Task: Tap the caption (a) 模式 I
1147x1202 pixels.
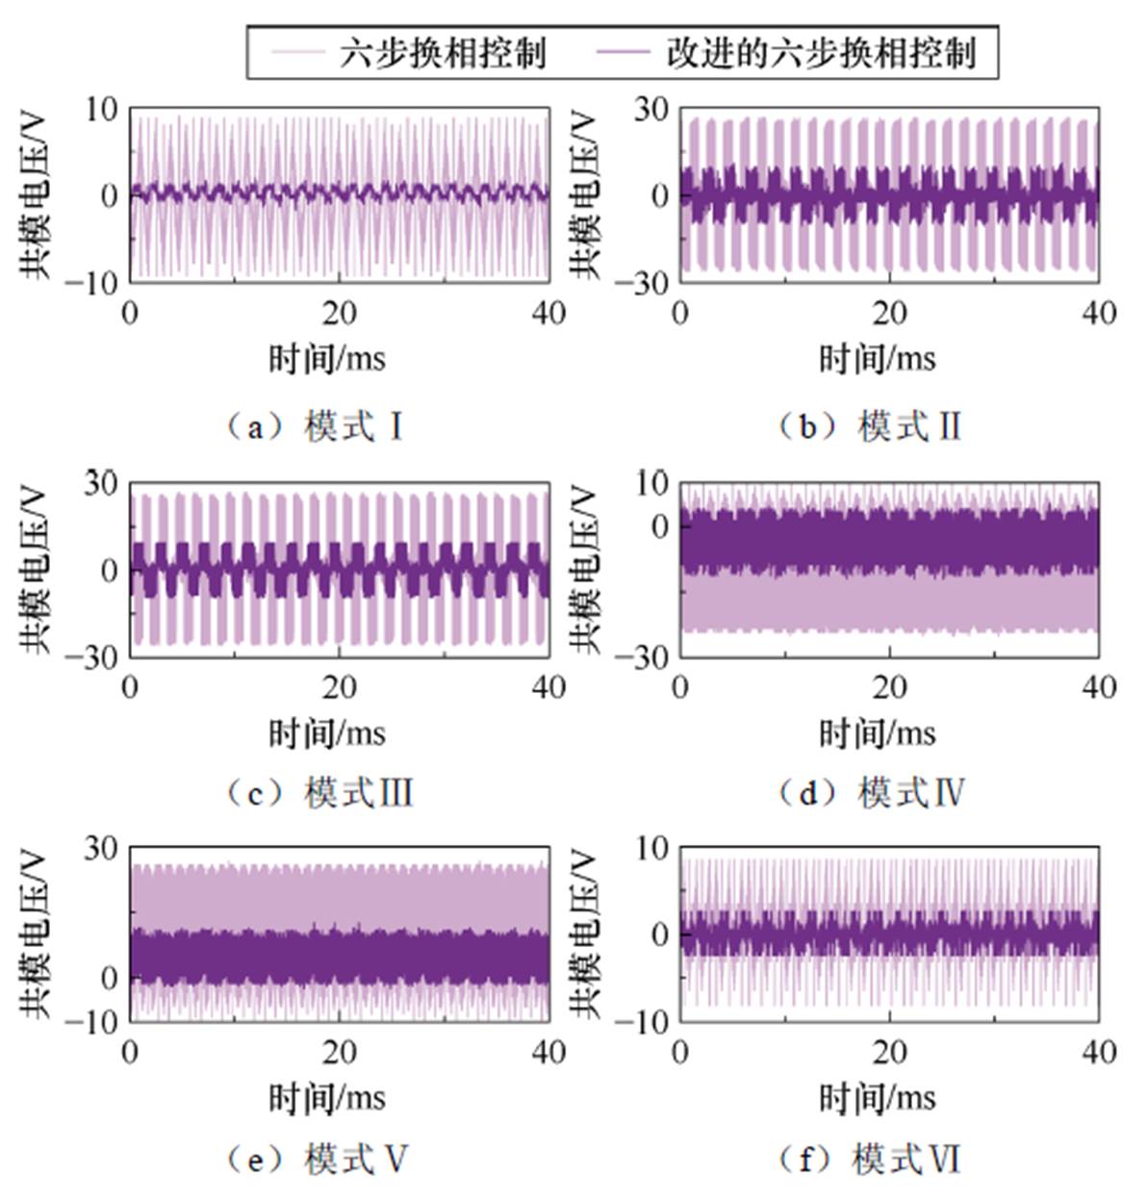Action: point(314,425)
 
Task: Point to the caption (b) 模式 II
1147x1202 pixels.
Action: point(869,425)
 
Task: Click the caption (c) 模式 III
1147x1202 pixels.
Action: point(319,793)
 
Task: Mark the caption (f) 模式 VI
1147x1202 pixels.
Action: point(869,1160)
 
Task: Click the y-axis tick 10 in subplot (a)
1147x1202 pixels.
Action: point(101,109)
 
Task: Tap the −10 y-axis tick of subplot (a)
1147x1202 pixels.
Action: point(93,282)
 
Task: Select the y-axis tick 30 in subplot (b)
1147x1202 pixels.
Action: point(651,109)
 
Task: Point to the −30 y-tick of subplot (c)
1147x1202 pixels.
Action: point(93,657)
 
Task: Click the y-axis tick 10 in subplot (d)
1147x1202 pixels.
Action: point(651,483)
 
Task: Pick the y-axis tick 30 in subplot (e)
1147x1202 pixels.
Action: point(101,849)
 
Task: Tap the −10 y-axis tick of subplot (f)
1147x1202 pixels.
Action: point(644,1022)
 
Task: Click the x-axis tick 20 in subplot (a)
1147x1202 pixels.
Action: point(340,313)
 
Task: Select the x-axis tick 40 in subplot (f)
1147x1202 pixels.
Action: point(1098,1052)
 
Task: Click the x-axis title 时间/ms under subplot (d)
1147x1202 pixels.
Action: point(877,733)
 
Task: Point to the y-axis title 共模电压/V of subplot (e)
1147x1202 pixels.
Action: point(37,933)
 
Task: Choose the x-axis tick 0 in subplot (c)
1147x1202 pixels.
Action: point(131,687)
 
